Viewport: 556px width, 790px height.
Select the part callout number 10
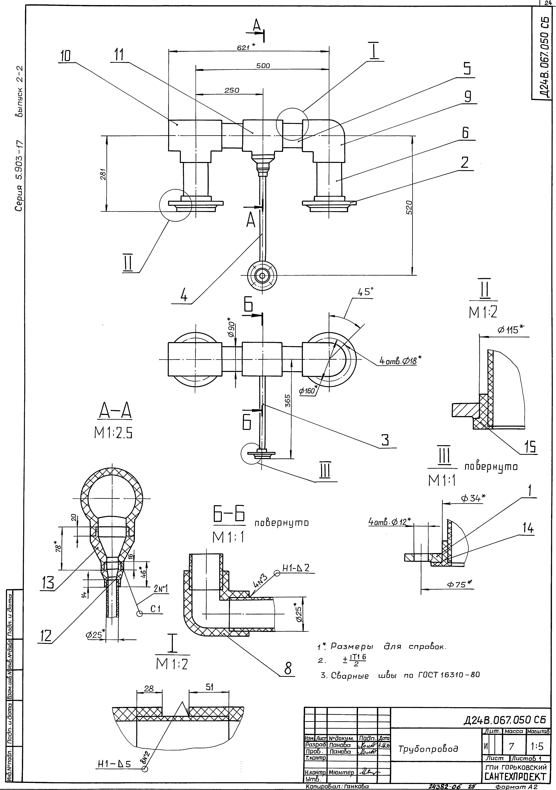[65, 56]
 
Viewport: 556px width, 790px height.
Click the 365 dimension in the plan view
[288, 401]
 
